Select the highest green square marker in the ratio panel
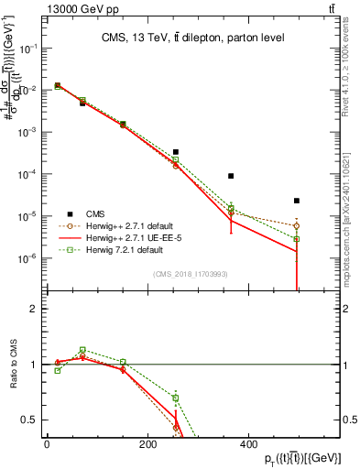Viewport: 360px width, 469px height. pos(82,350)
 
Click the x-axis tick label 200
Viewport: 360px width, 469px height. pos(147,444)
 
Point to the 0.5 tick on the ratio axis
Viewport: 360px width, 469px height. pos(34,420)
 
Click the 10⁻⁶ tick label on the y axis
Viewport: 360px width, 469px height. pos(31,258)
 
